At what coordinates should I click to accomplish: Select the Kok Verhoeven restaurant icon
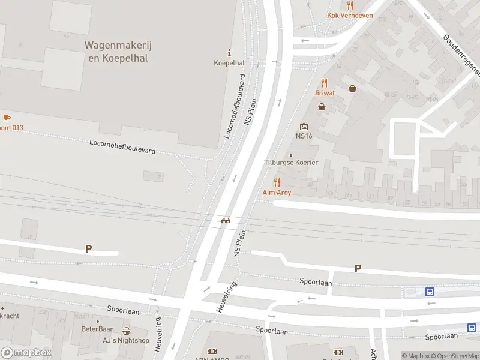[350, 5]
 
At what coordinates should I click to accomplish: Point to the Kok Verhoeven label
[350, 16]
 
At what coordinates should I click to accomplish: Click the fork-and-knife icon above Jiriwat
[324, 83]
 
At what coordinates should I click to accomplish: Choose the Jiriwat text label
[324, 93]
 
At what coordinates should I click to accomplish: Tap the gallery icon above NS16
[304, 127]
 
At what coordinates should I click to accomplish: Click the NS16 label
[304, 136]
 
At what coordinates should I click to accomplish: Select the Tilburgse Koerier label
[291, 163]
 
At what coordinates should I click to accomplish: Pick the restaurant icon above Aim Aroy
[277, 182]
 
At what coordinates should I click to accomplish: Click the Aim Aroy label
[277, 193]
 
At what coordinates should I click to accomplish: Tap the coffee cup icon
[7, 118]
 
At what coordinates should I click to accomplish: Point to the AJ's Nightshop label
[126, 340]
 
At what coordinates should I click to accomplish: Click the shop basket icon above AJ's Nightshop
[126, 331]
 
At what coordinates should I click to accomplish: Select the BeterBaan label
[97, 329]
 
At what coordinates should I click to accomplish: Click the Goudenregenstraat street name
[462, 55]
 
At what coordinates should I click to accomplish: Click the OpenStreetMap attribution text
[457, 356]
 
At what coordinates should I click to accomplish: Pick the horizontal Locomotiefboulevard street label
[122, 147]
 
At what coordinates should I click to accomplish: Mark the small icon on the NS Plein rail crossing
[226, 220]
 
